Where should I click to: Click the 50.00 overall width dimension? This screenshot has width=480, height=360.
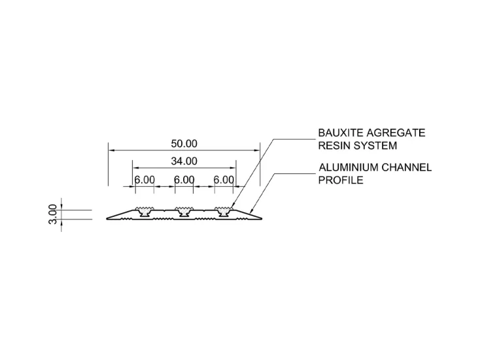click(x=184, y=144)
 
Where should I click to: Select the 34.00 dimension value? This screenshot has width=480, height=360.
click(x=184, y=161)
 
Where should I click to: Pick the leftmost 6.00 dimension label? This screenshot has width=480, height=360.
click(x=145, y=180)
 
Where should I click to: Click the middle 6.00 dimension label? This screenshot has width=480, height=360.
click(x=184, y=180)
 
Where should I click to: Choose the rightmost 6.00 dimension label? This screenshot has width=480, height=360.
click(x=224, y=180)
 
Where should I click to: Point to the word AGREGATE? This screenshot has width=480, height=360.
click(x=396, y=133)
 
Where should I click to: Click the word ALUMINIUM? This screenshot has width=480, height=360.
click(x=347, y=167)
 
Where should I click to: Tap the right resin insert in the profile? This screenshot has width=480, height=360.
click(x=223, y=210)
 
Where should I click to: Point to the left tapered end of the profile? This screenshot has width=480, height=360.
click(x=115, y=216)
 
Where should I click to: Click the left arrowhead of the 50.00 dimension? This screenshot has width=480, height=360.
click(x=111, y=150)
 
